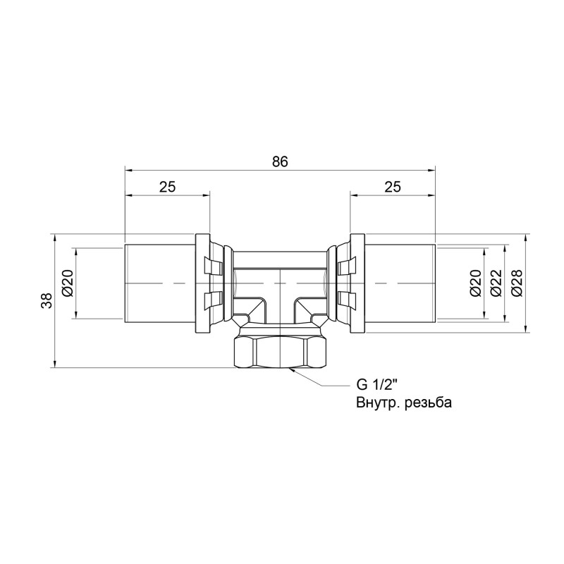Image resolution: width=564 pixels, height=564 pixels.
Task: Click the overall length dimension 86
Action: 280,161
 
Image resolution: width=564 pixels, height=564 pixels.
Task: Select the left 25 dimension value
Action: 167,186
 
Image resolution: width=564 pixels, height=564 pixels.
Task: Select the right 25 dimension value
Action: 393,186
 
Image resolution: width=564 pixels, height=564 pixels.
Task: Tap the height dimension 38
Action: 46,301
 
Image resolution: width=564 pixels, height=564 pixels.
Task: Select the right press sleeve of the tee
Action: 400,283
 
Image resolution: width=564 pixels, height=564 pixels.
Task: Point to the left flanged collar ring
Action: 203,283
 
